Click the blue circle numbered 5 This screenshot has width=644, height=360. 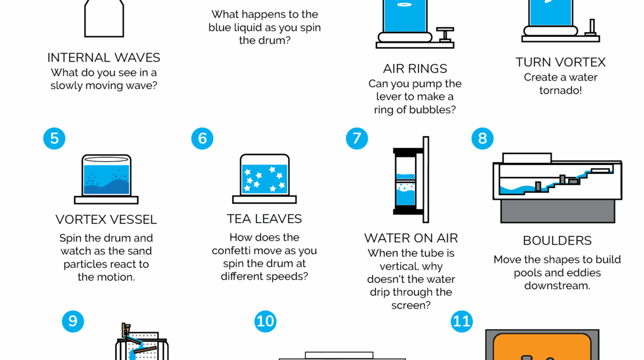click(54, 138)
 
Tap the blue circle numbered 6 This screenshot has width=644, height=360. click(202, 138)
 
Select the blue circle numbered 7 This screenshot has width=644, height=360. click(357, 138)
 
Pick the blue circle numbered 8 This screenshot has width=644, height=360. click(482, 138)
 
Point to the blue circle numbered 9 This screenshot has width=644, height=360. click(73, 321)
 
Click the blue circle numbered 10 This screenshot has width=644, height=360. click(265, 321)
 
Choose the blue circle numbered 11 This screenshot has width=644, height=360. click(462, 321)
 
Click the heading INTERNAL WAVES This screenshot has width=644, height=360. click(104, 58)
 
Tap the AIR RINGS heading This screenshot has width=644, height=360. click(415, 69)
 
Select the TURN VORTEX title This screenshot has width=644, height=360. click(561, 62)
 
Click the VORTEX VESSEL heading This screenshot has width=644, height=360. click(106, 220)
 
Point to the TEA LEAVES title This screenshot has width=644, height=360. click(264, 219)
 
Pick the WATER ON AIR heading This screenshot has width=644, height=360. click(411, 238)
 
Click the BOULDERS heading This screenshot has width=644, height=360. click(557, 241)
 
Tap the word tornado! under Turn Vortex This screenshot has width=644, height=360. click(561, 91)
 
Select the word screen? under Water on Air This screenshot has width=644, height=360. click(411, 305)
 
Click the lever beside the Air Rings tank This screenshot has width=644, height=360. click(445, 35)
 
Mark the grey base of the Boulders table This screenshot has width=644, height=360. click(558, 211)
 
